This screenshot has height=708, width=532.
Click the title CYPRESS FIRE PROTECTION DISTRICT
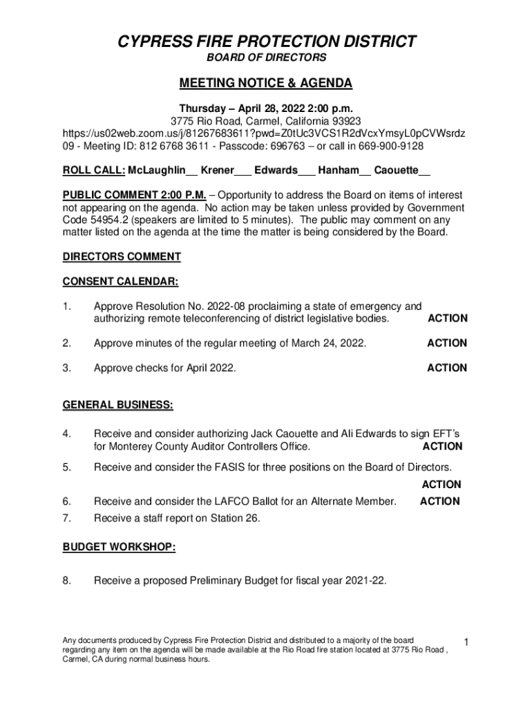click(x=265, y=41)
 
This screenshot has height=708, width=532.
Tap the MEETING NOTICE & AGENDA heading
click(x=266, y=84)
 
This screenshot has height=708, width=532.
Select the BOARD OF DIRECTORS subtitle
click(x=266, y=58)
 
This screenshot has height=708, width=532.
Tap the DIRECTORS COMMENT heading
click(x=122, y=257)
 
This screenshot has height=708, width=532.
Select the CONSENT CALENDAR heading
click(x=121, y=281)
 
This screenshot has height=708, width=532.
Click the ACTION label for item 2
click(x=446, y=343)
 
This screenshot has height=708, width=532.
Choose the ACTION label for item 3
click(x=446, y=368)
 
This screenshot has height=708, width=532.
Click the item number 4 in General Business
click(x=67, y=434)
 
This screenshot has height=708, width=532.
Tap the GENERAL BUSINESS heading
click(x=118, y=404)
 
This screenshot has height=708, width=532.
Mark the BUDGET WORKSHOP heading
click(x=119, y=548)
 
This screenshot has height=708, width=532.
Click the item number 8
click(x=67, y=581)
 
